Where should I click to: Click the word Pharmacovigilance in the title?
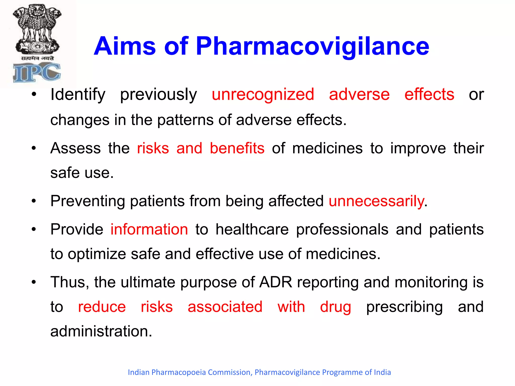[312, 46]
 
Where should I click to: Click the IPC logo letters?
[37, 73]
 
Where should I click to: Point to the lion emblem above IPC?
[37, 29]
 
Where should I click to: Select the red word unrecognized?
[263, 94]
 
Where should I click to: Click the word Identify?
[78, 95]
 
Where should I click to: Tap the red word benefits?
[237, 148]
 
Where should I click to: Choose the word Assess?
[75, 148]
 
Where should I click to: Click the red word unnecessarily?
[376, 201]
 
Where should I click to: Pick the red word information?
[149, 229]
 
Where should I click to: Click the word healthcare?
[252, 229]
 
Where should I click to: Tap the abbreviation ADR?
[276, 282]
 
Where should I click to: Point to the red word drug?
[335, 307]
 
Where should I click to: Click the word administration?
[101, 331]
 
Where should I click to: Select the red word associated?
[225, 307]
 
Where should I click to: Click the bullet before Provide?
[34, 229]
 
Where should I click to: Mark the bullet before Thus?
[34, 282]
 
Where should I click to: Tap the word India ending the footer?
[382, 372]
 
